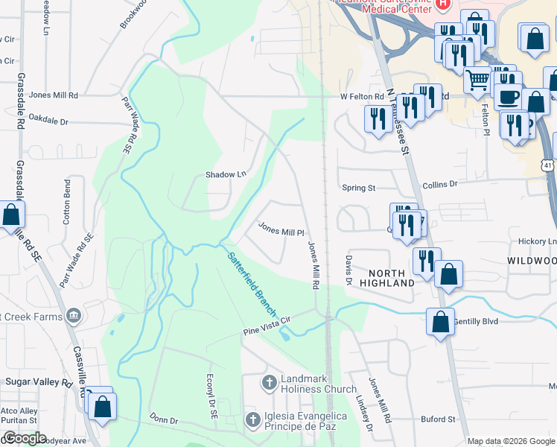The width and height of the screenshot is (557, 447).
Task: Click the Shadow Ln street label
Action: click(x=226, y=174)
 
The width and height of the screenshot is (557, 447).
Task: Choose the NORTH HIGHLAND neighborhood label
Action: click(x=387, y=277)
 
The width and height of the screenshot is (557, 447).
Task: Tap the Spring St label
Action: click(x=357, y=188)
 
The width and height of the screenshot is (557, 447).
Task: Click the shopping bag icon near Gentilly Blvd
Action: click(x=440, y=322)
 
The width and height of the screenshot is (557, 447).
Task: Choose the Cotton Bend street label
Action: click(x=67, y=201)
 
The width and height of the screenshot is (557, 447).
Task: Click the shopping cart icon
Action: click(x=478, y=79)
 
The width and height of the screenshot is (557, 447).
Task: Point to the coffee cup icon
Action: click(x=509, y=96)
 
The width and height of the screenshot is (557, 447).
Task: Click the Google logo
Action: click(x=25, y=438)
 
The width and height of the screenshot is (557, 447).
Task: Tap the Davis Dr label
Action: click(x=348, y=270)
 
